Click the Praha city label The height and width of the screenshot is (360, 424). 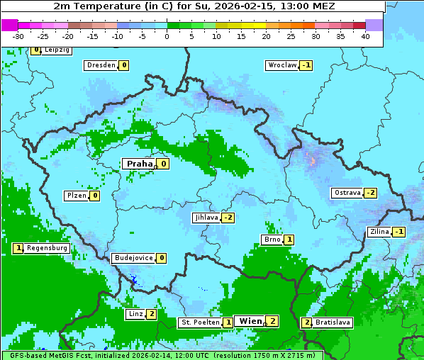click(140, 164)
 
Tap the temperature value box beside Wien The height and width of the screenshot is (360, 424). click(272, 321)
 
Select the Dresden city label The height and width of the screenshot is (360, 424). click(101, 65)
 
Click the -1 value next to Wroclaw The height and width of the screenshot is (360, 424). click(306, 65)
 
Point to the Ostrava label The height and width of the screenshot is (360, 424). click(347, 193)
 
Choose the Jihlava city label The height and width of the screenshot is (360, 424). click(206, 218)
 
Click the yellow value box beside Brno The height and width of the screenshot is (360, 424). click(289, 240)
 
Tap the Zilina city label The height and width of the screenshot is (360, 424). click(379, 232)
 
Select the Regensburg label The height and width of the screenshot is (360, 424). click(48, 248)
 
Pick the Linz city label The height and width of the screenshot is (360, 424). click(135, 314)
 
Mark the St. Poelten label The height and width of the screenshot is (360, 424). click(199, 322)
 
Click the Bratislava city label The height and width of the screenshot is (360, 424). click(333, 322)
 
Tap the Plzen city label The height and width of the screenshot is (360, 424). click(76, 196)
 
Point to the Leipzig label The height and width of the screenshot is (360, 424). click(57, 50)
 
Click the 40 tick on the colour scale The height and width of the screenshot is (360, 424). click(365, 35)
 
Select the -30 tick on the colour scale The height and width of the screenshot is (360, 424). click(18, 35)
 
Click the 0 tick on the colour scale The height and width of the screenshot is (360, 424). click(167, 35)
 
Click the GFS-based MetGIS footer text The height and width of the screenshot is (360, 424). click(162, 355)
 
